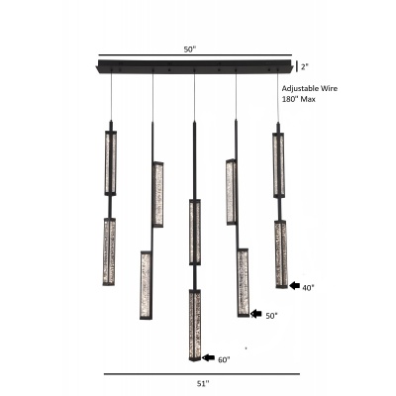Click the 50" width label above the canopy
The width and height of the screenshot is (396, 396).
pyautogui.click(x=190, y=49)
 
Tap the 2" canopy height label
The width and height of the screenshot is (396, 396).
pyautogui.click(x=304, y=66)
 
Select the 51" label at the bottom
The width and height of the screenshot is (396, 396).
pyautogui.click(x=203, y=384)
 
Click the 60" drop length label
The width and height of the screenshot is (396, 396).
pyautogui.click(x=224, y=359)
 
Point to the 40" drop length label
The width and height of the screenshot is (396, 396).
pyautogui.click(x=308, y=288)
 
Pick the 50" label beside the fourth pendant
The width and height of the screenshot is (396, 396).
pyautogui.click(x=271, y=316)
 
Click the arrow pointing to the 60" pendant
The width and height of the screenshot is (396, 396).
pyautogui.click(x=208, y=357)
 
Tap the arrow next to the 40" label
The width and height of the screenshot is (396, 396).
pyautogui.click(x=294, y=286)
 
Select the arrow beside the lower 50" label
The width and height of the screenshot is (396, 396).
pyautogui.click(x=256, y=314)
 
